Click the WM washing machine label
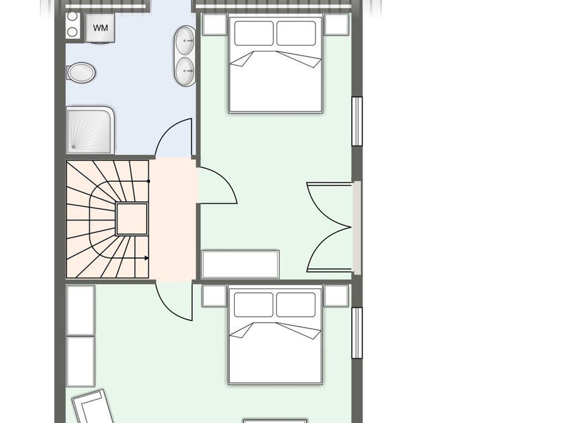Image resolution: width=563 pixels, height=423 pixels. coord(100,28)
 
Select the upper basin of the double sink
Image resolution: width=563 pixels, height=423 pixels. coord(184,41)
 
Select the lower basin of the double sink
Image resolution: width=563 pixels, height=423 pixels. coord(185,71)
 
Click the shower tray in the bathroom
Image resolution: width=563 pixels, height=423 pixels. coord(90,130)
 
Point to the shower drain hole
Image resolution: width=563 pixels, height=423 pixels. coord(73,147)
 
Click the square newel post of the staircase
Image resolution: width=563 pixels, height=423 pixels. coord(132,219)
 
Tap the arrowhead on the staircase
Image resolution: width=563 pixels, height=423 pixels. coord(147,258)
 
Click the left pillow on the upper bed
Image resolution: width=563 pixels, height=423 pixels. coord(254,33)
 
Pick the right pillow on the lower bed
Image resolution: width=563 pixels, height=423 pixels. coord(296,304)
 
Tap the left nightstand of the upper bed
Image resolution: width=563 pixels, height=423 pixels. coord(215,24)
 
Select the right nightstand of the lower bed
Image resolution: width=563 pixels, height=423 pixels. coord(336,296)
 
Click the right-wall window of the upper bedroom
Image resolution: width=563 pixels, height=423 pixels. coord(357,121)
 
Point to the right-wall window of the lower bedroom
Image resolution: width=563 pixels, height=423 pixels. coord(357,333)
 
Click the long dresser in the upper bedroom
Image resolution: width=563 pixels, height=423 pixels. coord(240,264)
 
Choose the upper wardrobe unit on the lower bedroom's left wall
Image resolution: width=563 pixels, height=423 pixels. coord(81,311)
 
